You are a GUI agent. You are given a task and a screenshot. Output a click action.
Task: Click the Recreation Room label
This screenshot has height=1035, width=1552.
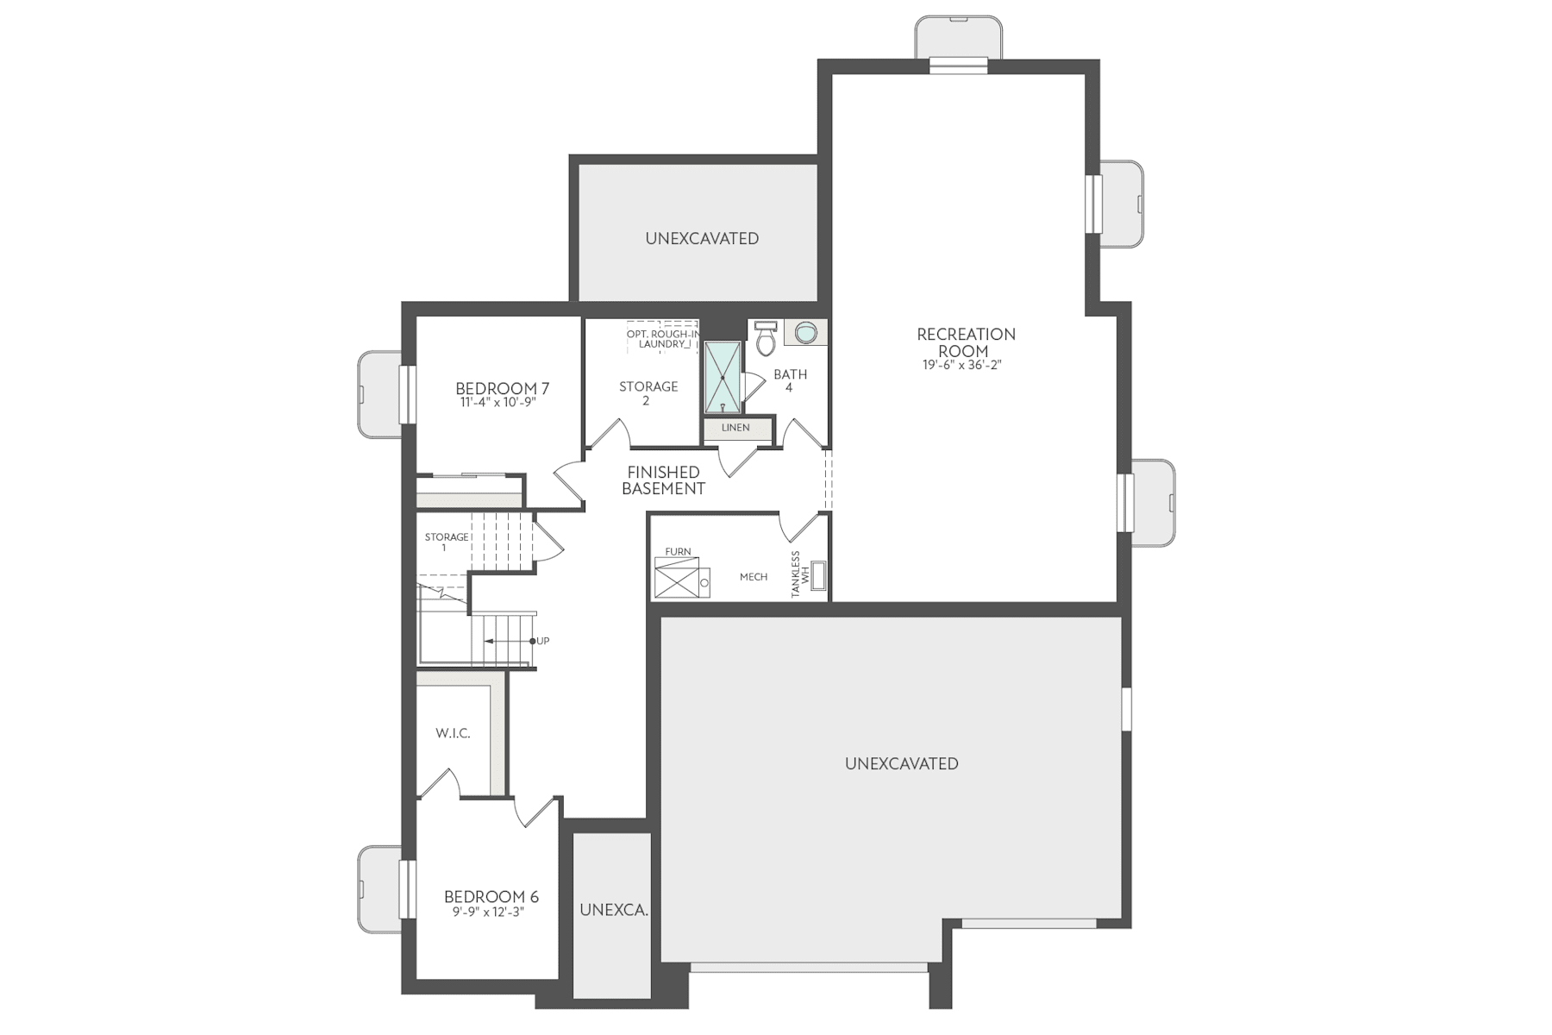click(965, 342)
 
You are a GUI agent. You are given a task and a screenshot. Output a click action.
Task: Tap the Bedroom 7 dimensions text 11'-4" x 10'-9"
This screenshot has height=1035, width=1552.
click(498, 403)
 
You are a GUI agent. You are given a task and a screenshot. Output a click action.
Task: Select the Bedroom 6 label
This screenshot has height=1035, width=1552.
click(491, 897)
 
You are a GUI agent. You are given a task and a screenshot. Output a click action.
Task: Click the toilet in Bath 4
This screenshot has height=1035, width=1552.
click(765, 339)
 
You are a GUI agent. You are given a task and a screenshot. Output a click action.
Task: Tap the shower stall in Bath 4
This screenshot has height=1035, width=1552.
click(722, 378)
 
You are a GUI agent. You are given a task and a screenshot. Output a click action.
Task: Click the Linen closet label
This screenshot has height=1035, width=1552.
click(735, 428)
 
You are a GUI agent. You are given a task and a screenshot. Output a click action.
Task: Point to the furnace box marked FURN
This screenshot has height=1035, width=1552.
click(678, 577)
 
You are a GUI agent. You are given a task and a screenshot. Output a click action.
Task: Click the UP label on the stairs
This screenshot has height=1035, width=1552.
click(542, 641)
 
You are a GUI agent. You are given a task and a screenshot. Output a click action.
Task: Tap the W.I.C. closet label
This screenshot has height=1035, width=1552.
click(453, 733)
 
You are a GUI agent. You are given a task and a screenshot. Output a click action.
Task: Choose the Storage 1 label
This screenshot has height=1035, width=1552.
click(446, 542)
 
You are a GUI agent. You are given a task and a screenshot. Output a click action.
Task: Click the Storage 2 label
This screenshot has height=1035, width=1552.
click(648, 393)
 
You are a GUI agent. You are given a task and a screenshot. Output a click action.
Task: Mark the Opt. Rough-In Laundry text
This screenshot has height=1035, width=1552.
click(662, 339)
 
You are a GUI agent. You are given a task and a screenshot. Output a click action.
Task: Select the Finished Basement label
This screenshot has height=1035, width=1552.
click(663, 480)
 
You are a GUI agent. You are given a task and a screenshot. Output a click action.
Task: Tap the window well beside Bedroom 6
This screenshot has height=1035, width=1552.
click(379, 889)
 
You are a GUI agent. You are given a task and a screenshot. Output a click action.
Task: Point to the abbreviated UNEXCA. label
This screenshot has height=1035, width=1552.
click(613, 910)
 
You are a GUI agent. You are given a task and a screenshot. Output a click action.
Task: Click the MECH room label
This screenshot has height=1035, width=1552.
click(753, 577)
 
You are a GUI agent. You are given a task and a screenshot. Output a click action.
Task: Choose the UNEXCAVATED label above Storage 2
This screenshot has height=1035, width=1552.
click(702, 238)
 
